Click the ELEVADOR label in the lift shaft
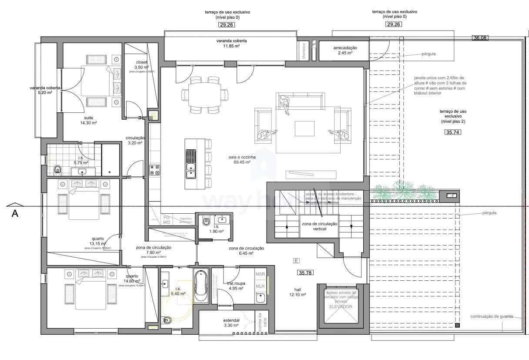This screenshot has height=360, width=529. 341,306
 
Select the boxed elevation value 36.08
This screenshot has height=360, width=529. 480,38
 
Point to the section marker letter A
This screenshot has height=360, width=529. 15,213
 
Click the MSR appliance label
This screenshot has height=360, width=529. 260,275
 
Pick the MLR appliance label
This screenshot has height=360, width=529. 260,286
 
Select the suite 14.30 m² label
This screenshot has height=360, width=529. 88,120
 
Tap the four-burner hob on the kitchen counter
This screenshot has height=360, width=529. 154,170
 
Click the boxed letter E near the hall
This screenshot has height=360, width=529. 296,261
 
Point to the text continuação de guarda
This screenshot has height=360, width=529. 492,316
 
